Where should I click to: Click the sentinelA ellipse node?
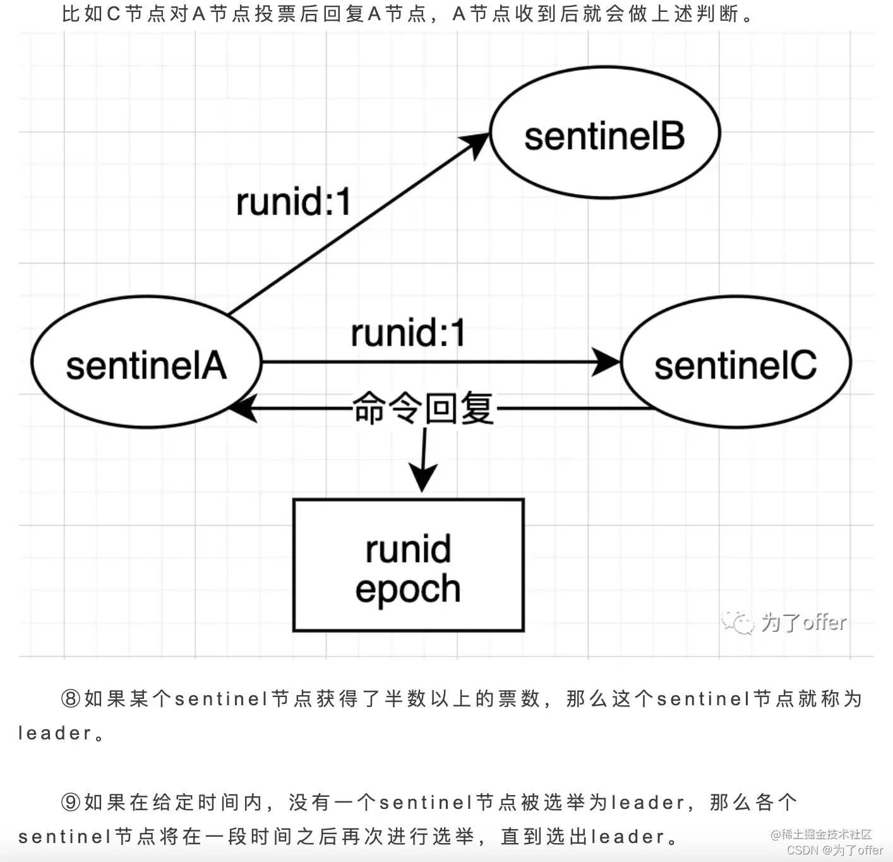[146, 362]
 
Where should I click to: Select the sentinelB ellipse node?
[604, 133]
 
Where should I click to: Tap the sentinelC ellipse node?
[736, 362]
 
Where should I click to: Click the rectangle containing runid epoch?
[409, 565]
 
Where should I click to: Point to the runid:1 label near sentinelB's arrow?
[293, 202]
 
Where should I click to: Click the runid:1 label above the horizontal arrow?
[408, 333]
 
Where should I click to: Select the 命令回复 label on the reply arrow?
[423, 408]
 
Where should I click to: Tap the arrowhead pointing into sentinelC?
[608, 362]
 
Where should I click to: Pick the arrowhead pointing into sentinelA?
[242, 408]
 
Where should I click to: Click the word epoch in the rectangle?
[408, 589]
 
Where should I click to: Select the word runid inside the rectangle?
[409, 549]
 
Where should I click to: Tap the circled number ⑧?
[71, 699]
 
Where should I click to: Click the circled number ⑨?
[71, 803]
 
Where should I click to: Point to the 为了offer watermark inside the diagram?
[803, 622]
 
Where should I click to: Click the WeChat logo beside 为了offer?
[738, 622]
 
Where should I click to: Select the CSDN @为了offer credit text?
[834, 851]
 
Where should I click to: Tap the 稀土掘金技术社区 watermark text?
[826, 835]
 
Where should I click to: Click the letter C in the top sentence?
[114, 14]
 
